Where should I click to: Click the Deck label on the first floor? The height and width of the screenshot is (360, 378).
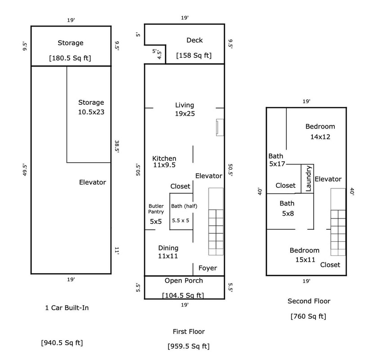tap(194, 40)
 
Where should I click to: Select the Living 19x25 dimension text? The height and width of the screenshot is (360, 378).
tap(184, 114)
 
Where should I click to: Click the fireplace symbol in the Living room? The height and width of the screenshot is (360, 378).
tap(220, 127)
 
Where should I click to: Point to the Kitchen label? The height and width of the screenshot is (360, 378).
tap(164, 159)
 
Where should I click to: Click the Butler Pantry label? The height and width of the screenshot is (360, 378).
tap(156, 209)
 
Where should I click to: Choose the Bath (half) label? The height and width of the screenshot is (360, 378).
tap(184, 206)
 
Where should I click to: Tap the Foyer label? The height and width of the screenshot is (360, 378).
tap(207, 268)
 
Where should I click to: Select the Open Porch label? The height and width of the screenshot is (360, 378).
tap(184, 281)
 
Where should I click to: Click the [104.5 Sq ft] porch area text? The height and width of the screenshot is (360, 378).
tap(183, 295)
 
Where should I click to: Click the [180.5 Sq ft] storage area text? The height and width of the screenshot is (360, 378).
tap(70, 58)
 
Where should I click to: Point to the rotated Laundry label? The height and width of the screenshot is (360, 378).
tap(308, 178)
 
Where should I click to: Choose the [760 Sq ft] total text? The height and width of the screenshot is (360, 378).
tap(308, 316)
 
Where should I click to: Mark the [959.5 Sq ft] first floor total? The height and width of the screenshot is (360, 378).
tap(189, 347)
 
